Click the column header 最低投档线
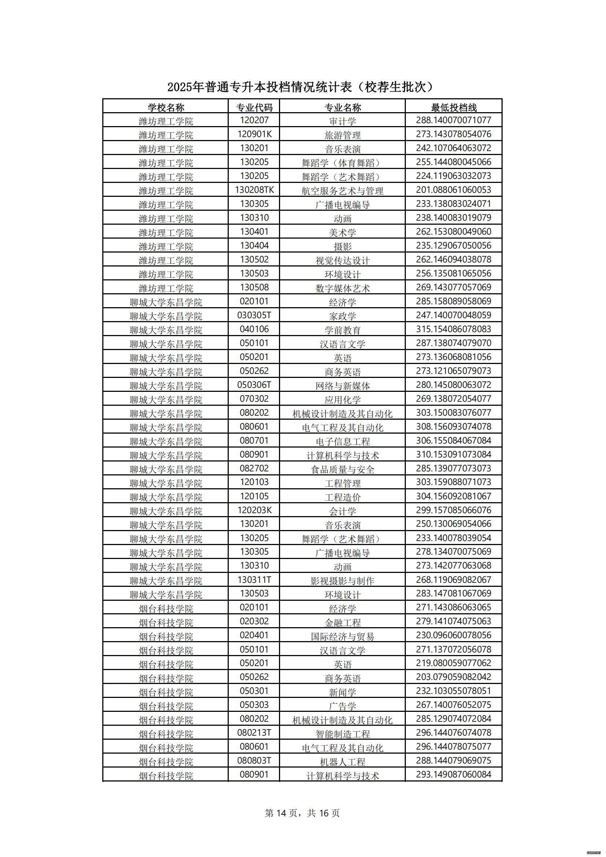click(453, 107)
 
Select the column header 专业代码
click(254, 107)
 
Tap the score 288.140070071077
click(453, 120)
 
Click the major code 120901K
click(254, 135)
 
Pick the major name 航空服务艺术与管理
click(342, 191)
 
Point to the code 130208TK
click(254, 190)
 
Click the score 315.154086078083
click(453, 329)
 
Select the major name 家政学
click(342, 316)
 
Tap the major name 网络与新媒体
click(342, 386)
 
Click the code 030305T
click(254, 315)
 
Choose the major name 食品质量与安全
click(342, 469)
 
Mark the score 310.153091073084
click(453, 455)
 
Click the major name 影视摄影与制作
click(342, 580)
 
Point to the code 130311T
click(254, 580)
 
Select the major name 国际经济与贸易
click(342, 636)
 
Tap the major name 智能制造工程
click(342, 734)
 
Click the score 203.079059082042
click(453, 677)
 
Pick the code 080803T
click(254, 761)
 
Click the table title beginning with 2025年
click(302, 87)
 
